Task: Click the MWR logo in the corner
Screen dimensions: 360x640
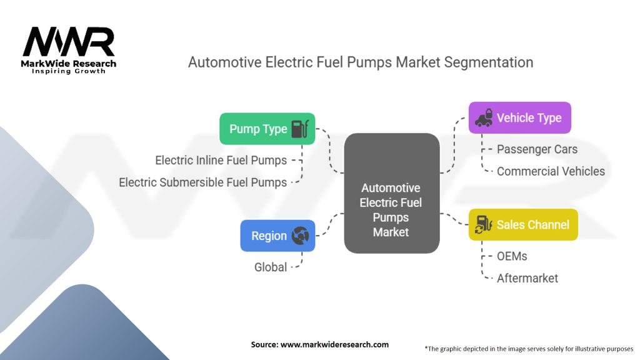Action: (x=69, y=42)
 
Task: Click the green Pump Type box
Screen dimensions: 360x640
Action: (x=267, y=129)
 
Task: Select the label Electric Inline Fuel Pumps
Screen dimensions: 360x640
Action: (x=221, y=161)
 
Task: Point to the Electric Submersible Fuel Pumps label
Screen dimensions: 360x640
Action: (x=202, y=182)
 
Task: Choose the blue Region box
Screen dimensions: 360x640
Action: (x=277, y=236)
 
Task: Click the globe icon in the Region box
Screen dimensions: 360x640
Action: (x=300, y=236)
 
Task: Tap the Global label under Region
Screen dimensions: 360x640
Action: (x=270, y=267)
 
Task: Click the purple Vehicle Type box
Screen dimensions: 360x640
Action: (x=519, y=117)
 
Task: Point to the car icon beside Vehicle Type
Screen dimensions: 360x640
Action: (x=484, y=117)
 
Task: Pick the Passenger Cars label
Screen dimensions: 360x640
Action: (x=537, y=149)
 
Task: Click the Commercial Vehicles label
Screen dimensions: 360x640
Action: (x=551, y=171)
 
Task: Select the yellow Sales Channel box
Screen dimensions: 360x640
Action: (x=523, y=224)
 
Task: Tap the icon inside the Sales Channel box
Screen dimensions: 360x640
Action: (x=484, y=224)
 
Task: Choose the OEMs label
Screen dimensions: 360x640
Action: (x=512, y=256)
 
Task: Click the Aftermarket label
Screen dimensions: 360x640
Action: (x=527, y=278)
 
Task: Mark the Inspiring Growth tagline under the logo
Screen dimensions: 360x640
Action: (x=69, y=71)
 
